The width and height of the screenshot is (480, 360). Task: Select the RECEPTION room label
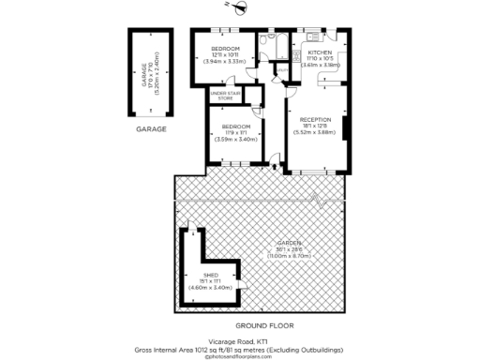[315, 120]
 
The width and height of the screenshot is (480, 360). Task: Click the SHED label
[211, 274]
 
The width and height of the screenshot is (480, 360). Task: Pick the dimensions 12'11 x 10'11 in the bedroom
[225, 55]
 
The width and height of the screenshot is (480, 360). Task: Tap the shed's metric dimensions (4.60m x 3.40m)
[211, 287]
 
